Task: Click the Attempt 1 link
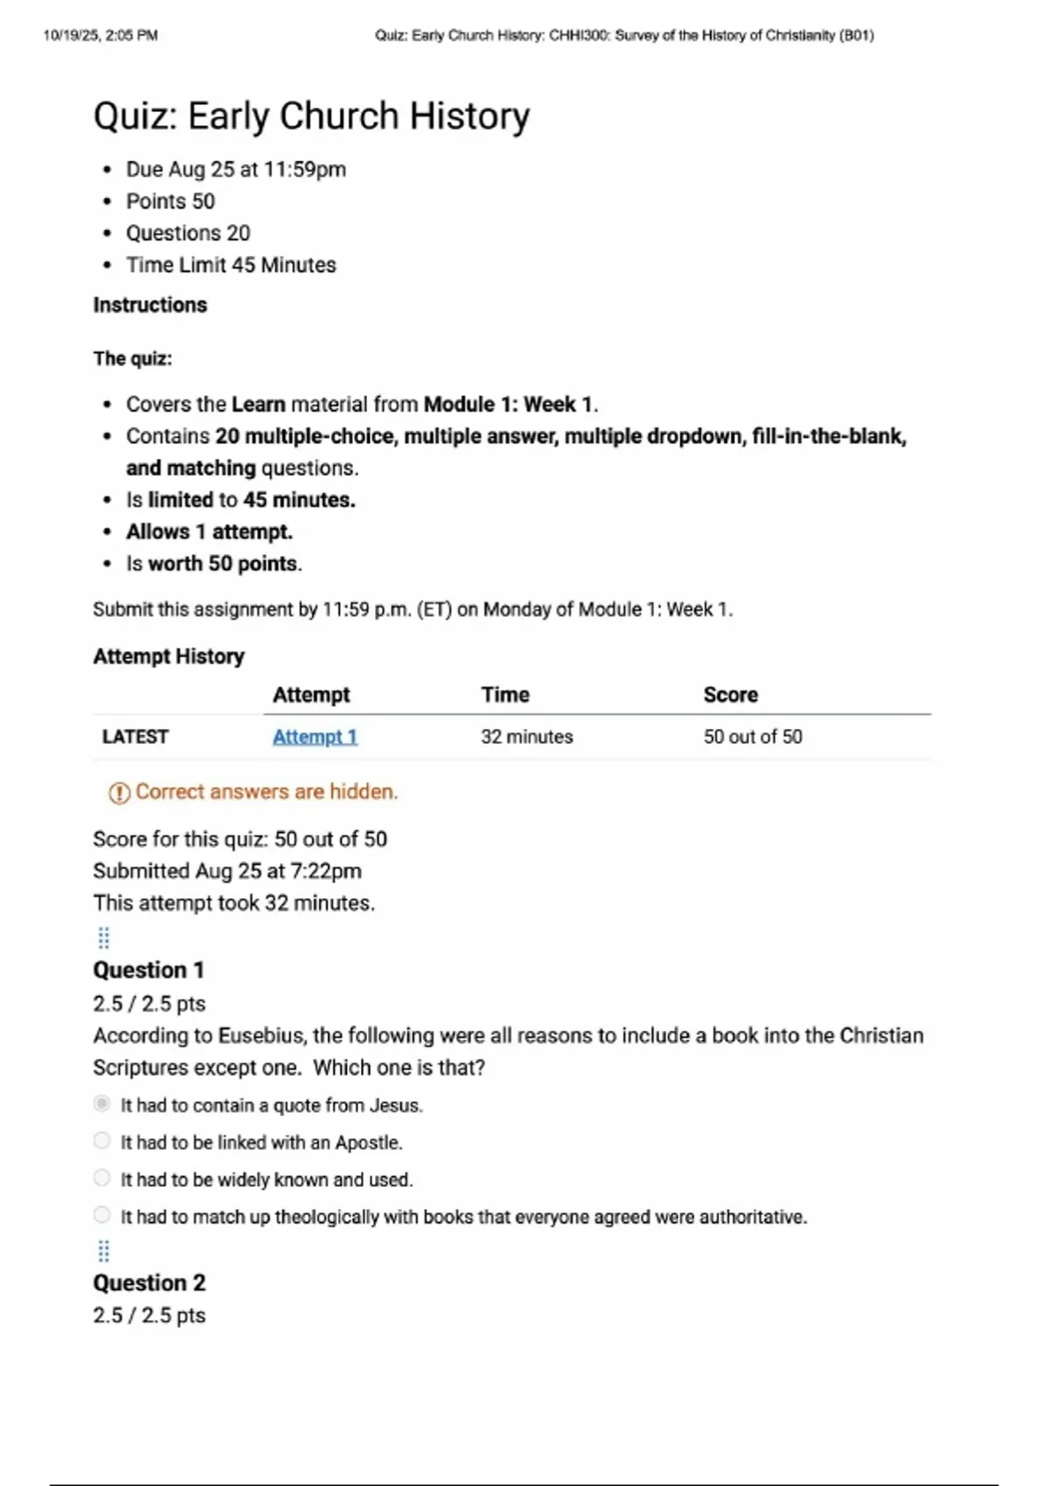click(x=315, y=737)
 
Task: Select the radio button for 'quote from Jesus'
click(x=102, y=1104)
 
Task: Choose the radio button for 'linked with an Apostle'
click(x=102, y=1141)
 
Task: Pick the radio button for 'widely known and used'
click(x=102, y=1178)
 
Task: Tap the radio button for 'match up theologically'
click(x=102, y=1215)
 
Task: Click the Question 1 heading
click(x=149, y=970)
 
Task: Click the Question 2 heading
click(x=149, y=1283)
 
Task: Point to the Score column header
click(x=731, y=695)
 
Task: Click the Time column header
click(x=505, y=695)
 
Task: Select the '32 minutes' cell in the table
click(x=527, y=737)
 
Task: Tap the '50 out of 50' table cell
click(x=753, y=737)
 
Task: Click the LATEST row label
click(x=135, y=737)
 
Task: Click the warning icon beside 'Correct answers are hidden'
click(x=119, y=793)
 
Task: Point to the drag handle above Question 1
click(x=104, y=938)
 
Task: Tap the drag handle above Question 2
click(x=104, y=1252)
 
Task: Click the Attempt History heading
click(x=169, y=656)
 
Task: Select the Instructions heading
click(x=150, y=305)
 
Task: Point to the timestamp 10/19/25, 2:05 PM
click(x=101, y=36)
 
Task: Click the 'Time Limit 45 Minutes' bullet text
click(x=231, y=265)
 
